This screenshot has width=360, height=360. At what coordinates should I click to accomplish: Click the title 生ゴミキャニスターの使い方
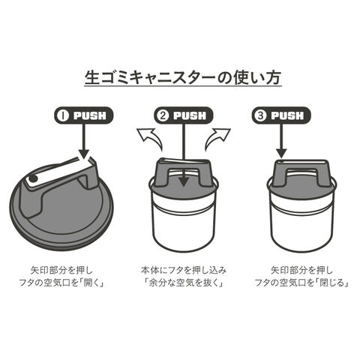183,77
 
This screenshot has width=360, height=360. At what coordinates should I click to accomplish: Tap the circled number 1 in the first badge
63,115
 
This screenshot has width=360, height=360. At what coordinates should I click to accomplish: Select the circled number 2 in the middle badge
163,115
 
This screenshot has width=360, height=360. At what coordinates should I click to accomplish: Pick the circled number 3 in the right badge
261,115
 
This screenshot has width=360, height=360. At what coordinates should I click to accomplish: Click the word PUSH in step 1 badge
90,115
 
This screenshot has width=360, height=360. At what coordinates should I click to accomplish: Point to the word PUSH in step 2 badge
190,115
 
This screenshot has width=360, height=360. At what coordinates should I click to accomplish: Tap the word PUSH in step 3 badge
287,115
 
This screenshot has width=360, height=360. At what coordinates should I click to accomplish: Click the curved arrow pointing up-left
150,139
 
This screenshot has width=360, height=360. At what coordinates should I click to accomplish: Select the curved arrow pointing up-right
217,139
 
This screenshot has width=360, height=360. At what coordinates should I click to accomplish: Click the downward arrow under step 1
85,141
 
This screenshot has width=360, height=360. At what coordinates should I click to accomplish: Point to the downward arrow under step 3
281,141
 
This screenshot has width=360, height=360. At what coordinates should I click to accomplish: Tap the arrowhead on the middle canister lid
184,181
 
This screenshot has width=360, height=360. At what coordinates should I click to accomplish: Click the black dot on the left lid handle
33,178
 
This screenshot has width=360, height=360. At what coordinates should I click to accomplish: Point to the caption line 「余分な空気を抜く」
184,283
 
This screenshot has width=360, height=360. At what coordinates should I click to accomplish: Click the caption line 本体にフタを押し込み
184,270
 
